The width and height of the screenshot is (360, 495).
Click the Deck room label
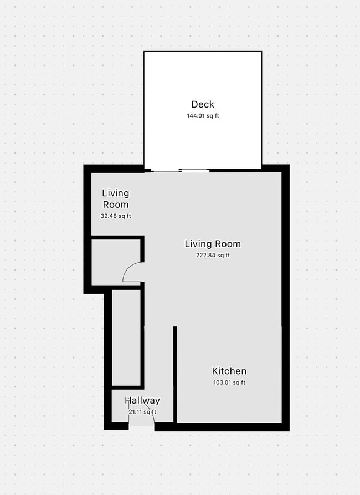point(203,104)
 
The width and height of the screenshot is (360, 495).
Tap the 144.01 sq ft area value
point(203,116)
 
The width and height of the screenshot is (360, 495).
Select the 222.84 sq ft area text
point(212,256)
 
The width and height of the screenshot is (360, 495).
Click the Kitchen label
point(229,371)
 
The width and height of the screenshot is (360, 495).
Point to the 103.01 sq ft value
point(229,382)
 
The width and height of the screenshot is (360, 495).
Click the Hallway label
point(142,400)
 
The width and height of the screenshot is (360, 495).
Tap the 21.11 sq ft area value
point(142,412)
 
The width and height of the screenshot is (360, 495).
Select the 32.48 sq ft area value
point(116,216)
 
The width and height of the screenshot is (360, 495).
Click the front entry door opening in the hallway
point(141,426)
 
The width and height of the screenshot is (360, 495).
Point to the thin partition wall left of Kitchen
point(175,374)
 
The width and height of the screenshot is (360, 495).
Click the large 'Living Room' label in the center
point(212,244)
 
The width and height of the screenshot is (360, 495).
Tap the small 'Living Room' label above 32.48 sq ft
point(116,198)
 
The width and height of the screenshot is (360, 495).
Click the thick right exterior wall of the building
point(285,299)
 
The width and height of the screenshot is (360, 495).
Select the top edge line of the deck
point(203,52)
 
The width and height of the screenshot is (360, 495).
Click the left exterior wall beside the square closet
point(87,263)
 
